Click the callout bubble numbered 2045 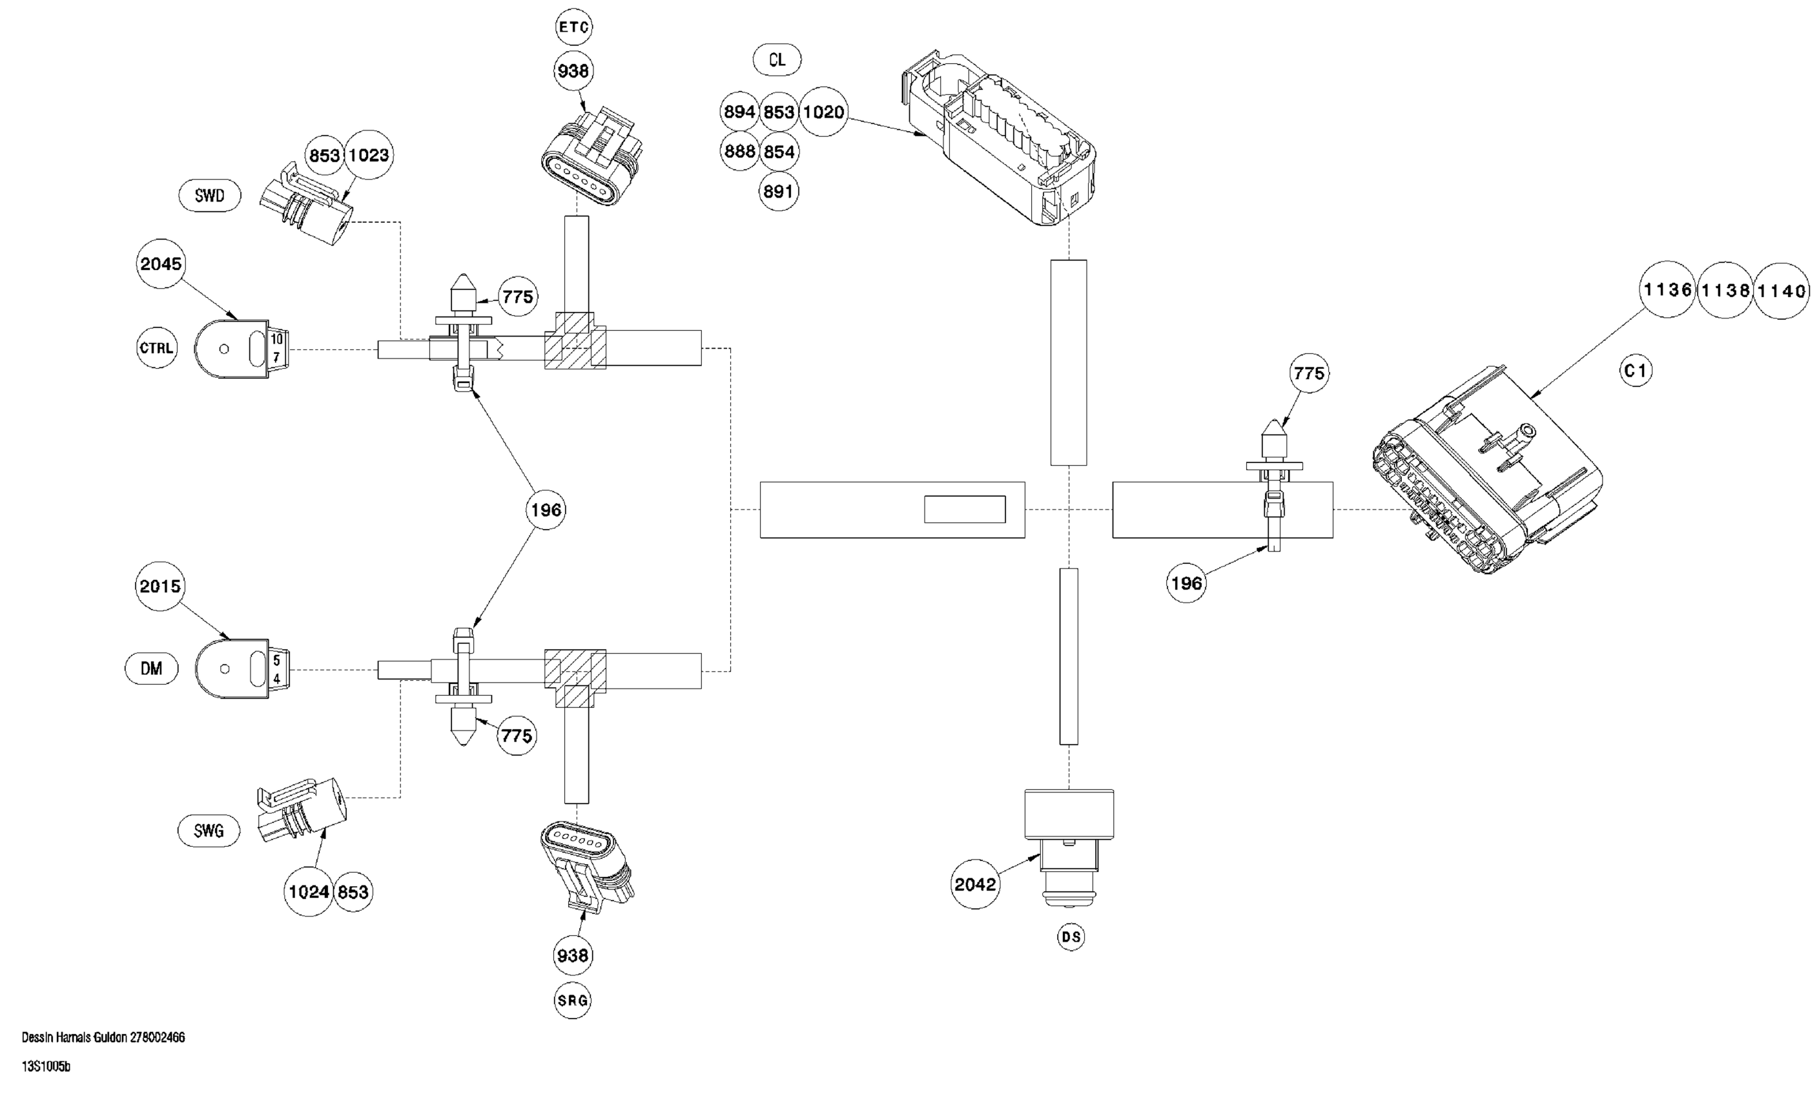160,264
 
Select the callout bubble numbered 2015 160,586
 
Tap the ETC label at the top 573,27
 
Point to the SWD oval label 210,196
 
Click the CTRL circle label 156,347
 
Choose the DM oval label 151,668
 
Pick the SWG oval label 209,831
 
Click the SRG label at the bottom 573,1000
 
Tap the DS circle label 1071,937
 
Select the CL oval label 777,60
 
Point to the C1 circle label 1636,370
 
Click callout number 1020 823,112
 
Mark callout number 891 778,192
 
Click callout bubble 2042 975,884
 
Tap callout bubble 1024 309,892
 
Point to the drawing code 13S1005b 46,1067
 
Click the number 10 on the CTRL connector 277,339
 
